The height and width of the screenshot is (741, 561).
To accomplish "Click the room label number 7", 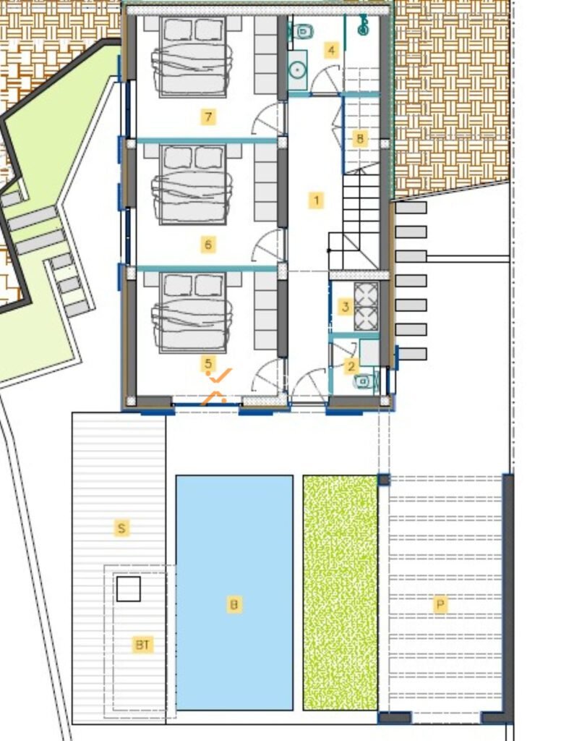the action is click(x=208, y=117).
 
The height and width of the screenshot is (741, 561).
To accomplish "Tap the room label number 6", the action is click(x=208, y=245).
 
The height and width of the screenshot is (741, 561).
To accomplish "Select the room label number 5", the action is click(x=208, y=363).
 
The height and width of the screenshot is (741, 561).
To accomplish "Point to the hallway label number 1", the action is click(x=317, y=200).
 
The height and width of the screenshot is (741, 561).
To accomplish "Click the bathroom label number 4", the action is click(x=332, y=50).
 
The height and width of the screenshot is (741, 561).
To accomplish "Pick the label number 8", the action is click(x=360, y=139).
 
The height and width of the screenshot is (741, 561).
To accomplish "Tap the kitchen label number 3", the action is click(x=345, y=307).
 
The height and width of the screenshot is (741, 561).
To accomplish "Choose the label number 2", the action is click(x=351, y=366).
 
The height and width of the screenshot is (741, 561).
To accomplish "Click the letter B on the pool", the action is click(x=234, y=604).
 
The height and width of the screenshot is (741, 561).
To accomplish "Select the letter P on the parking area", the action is click(x=440, y=604).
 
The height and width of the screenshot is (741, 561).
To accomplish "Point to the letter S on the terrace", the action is click(x=121, y=528).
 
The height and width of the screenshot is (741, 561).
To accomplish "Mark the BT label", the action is click(x=142, y=645).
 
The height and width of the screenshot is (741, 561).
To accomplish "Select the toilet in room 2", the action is click(x=364, y=381).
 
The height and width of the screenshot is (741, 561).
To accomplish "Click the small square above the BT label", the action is click(x=129, y=589).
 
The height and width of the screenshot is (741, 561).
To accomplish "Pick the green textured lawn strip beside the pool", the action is click(x=340, y=592).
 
